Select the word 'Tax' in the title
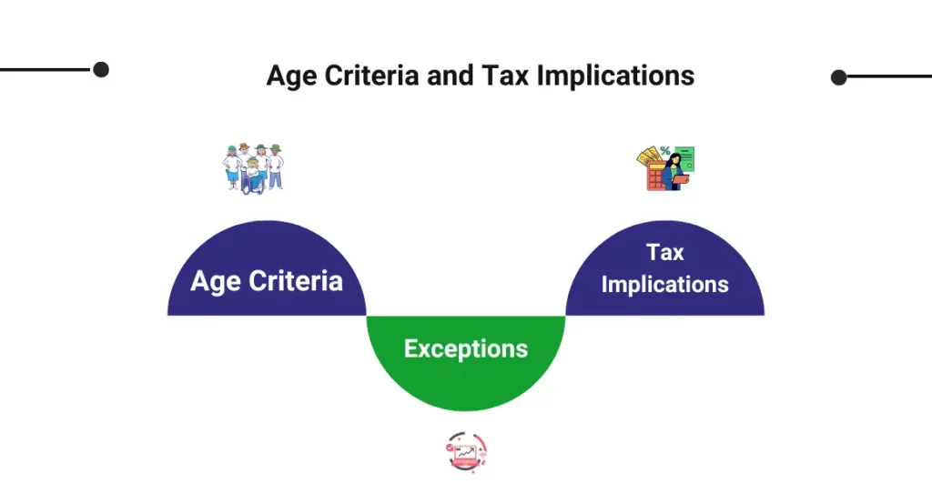[x=505, y=76]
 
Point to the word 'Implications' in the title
[x=615, y=76]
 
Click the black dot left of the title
[x=101, y=69]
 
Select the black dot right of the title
[x=838, y=77]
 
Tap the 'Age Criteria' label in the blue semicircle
[x=267, y=281]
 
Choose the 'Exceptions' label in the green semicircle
[x=466, y=348]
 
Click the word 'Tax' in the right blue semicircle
[x=665, y=253]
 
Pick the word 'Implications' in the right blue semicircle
[x=665, y=285]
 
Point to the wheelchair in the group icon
[x=253, y=182]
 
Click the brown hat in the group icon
[x=244, y=146]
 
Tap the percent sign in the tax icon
[x=664, y=151]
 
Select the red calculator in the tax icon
[x=656, y=176]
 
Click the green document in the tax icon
[x=684, y=157]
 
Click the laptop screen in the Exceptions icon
[x=465, y=453]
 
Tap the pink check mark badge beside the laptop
[x=450, y=448]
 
